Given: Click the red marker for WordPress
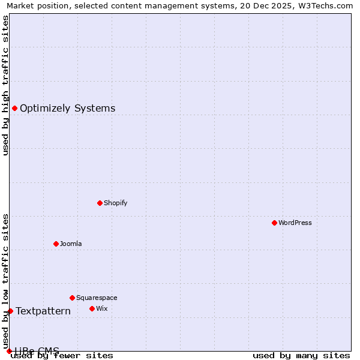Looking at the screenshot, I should click(x=274, y=223).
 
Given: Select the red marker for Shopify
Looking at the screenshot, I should click(x=100, y=203).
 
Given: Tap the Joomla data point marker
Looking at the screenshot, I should click(x=56, y=244).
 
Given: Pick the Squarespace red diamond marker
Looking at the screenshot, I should click(x=72, y=298).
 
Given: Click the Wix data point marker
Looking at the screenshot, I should click(x=92, y=308).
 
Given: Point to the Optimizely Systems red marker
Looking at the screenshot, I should click(x=14, y=108).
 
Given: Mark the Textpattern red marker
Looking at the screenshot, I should click(x=10, y=311).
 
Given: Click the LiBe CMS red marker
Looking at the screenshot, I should click(x=9, y=351).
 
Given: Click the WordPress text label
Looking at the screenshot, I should click(x=295, y=223).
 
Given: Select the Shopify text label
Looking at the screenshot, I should click(x=116, y=203).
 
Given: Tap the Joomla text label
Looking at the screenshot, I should click(x=71, y=244).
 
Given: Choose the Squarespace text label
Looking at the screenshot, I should click(x=97, y=298).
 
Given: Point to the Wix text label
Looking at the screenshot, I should click(x=102, y=308).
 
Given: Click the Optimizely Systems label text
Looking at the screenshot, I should click(x=68, y=109).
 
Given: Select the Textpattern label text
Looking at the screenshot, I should click(x=43, y=311).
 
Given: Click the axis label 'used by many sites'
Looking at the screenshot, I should click(x=301, y=356).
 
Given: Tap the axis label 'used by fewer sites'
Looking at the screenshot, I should click(x=62, y=356).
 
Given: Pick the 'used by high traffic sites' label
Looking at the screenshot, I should click(x=5, y=85).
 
